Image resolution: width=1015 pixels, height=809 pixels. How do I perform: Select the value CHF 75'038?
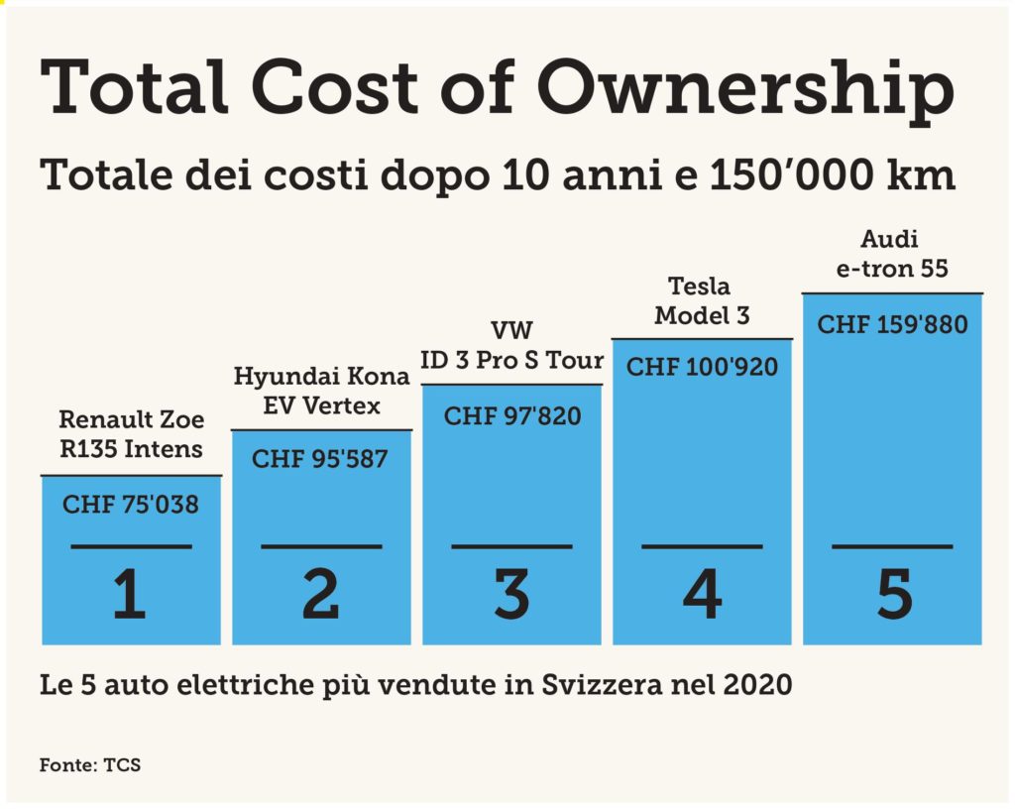[131, 506]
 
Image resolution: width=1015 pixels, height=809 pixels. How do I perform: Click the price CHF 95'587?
[319, 460]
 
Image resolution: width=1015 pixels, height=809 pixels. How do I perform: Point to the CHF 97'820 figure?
[512, 415]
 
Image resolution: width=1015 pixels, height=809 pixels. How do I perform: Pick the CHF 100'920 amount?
[703, 368]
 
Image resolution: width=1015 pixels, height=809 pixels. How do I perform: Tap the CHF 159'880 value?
[892, 324]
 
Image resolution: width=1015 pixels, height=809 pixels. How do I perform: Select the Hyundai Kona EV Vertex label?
[321, 391]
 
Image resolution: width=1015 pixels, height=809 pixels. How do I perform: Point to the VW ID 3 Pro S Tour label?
[512, 346]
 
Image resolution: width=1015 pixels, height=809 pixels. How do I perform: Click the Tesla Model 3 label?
[702, 302]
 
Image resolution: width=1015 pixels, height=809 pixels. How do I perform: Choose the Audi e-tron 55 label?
[892, 255]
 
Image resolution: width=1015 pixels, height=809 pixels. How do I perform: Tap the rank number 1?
[130, 596]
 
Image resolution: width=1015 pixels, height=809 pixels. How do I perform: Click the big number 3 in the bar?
[511, 596]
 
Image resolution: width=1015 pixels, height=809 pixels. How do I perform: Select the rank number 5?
[893, 596]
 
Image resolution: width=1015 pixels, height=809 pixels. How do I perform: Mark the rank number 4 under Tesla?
[702, 596]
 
